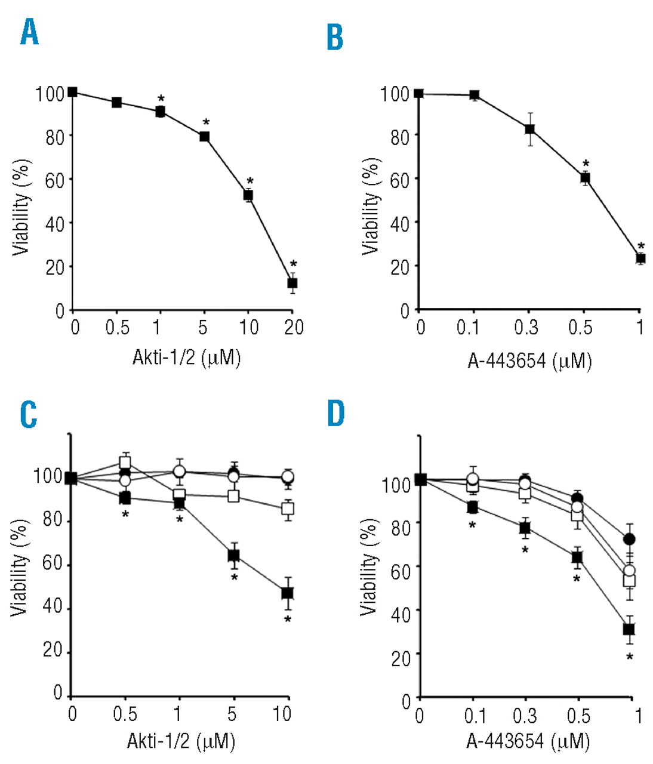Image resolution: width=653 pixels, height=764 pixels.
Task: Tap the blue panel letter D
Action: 336,413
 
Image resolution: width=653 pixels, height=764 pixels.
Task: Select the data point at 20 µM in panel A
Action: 292,283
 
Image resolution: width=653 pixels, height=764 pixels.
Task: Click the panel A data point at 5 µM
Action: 204,137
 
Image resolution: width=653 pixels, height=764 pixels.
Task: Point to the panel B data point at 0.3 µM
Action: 529,129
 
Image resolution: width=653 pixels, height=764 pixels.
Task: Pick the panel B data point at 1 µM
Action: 640,258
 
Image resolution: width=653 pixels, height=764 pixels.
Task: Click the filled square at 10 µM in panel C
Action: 288,593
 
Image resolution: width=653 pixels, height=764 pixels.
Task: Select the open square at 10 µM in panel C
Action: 288,509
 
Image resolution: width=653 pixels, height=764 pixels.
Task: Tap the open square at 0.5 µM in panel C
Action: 125,463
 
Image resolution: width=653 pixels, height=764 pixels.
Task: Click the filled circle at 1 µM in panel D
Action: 629,540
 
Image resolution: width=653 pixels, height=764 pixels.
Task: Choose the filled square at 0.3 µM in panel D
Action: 525,528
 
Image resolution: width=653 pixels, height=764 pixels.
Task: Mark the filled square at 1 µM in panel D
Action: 629,629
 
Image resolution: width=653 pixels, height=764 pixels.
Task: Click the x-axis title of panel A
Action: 186,358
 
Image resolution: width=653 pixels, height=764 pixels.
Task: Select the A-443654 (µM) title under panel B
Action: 529,361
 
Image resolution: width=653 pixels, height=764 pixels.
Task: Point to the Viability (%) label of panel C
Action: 20,567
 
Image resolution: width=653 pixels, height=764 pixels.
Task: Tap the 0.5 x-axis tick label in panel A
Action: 118,327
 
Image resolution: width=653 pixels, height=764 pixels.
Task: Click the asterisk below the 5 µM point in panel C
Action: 235,578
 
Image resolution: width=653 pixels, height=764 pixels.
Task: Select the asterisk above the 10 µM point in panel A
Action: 250,181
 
